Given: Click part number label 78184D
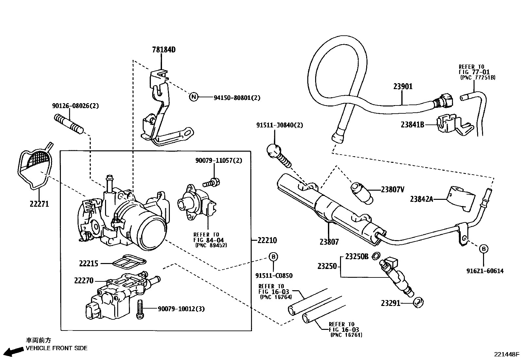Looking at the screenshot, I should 164,50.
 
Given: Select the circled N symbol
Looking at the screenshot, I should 194,97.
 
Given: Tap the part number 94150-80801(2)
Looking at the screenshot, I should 237,98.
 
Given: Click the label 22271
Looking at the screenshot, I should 39,204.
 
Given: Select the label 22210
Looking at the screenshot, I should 267,240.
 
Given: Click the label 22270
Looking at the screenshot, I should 84,281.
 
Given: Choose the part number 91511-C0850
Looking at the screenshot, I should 274,276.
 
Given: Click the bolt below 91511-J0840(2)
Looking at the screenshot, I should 280,155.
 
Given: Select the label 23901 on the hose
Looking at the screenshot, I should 403,87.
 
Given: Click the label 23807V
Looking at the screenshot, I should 393,189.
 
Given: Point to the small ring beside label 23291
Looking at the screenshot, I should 418,302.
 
